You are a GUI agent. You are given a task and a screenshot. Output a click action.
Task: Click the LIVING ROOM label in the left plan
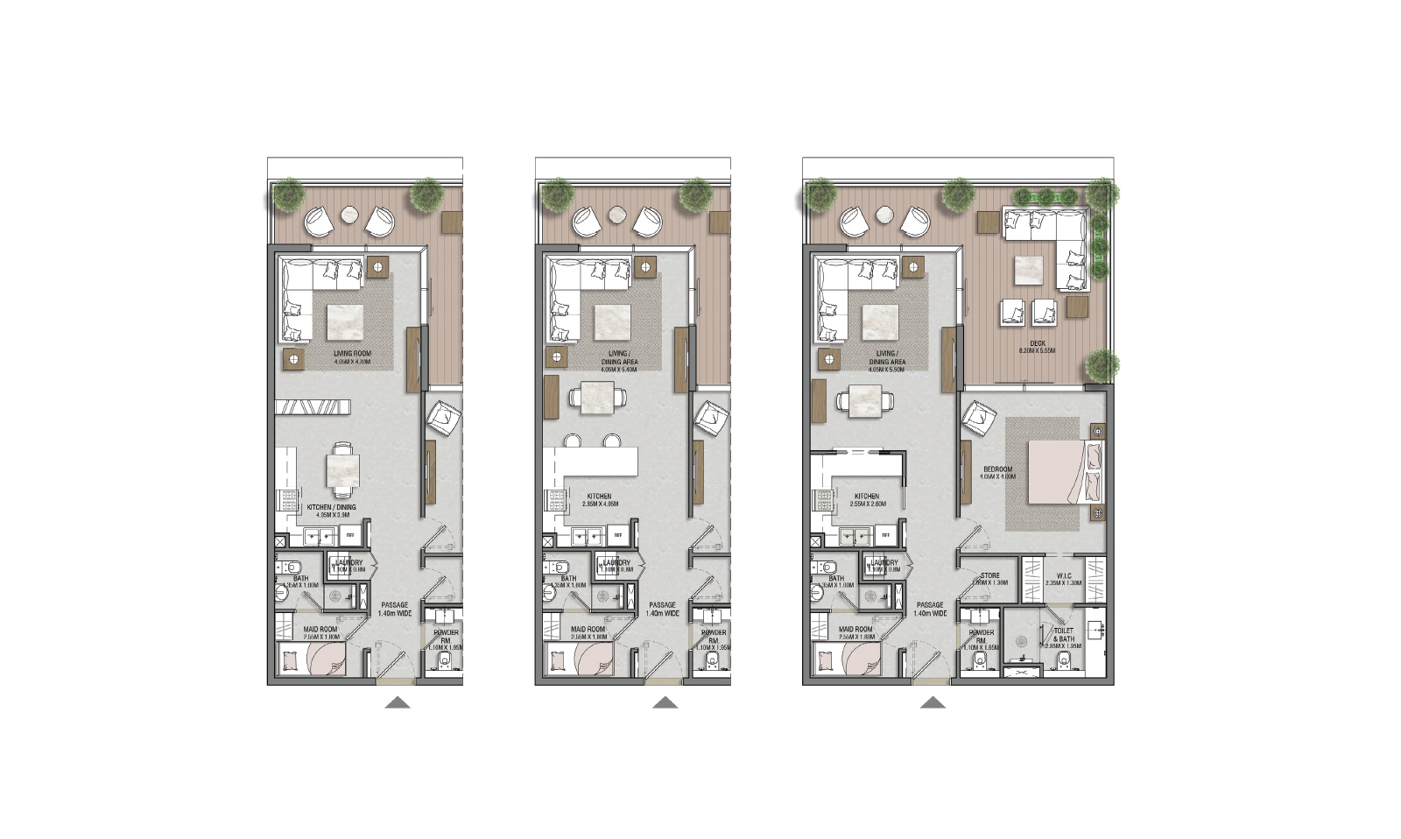[x=352, y=355]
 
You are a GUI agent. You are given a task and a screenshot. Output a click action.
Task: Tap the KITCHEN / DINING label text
[x=331, y=508]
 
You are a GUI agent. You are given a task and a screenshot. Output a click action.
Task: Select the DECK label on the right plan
[x=1038, y=344]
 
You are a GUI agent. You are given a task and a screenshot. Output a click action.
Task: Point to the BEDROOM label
[x=997, y=470]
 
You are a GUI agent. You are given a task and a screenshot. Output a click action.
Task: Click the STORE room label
[x=989, y=576]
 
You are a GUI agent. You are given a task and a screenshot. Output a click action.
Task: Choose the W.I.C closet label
[x=1063, y=576]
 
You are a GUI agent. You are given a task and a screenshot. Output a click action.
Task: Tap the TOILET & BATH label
[x=1063, y=635]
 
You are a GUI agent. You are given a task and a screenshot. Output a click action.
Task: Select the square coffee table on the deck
[x=1029, y=270]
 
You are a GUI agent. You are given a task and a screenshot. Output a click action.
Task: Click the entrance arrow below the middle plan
[x=665, y=702]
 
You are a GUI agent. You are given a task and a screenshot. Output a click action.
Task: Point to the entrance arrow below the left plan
[x=398, y=702]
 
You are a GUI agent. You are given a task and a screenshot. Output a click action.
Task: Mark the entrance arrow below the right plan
[x=933, y=702]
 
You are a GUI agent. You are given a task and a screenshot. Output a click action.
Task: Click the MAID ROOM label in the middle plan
[x=588, y=630]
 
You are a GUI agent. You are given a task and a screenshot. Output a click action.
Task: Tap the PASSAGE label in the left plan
[x=394, y=605]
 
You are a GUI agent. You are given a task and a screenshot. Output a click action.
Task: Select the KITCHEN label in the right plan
[x=866, y=497]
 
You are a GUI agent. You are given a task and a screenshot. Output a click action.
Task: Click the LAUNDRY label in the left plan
[x=348, y=563]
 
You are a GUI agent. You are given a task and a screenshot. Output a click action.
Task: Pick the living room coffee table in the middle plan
[x=613, y=322]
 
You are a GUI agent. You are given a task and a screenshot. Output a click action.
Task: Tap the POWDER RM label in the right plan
[x=981, y=636]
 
